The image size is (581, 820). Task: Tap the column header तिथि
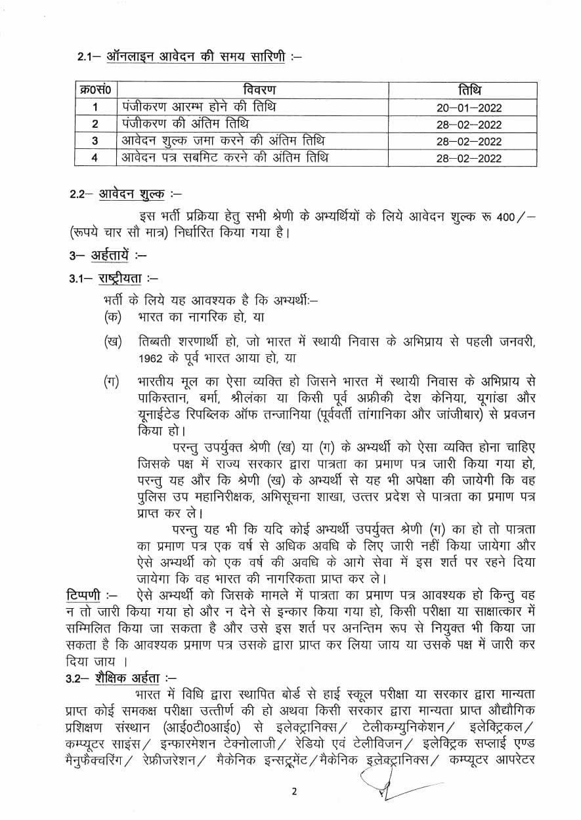[x=469, y=90]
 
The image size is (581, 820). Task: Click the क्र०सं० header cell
[x=95, y=90]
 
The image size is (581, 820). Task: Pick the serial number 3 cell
[x=95, y=140]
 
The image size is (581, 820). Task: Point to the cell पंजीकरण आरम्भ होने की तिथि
[x=199, y=106]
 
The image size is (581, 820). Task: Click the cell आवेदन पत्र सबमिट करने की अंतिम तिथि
[x=226, y=157]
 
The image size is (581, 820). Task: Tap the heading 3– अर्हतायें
[x=109, y=256]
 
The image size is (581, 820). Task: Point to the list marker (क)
[x=113, y=316]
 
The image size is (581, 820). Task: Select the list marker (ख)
[x=113, y=343]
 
